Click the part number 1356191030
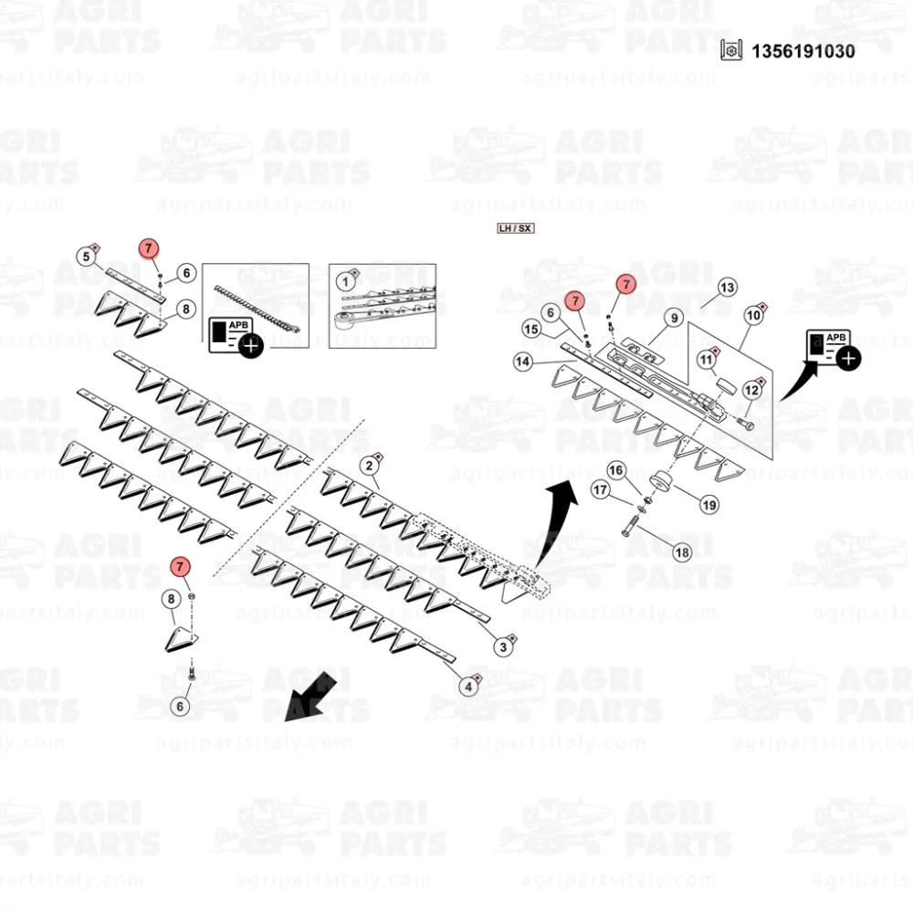(803, 51)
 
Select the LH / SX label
(515, 228)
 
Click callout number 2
(369, 467)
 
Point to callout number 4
(468, 686)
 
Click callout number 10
(753, 317)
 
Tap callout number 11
(707, 361)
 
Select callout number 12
(751, 391)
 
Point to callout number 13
(726, 288)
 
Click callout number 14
(522, 362)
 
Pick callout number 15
(531, 329)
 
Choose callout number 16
(616, 470)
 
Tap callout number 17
(600, 490)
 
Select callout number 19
(708, 504)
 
